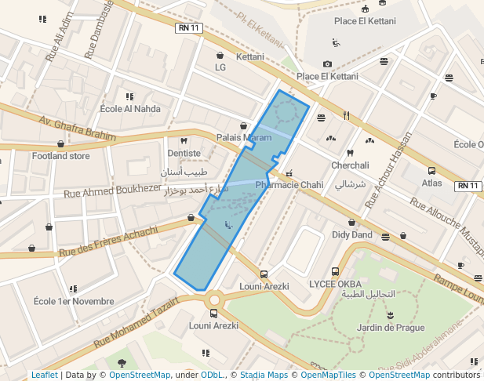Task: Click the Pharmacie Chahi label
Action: pyautogui.click(x=289, y=185)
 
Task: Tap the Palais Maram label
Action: pyautogui.click(x=244, y=138)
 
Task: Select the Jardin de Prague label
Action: pyautogui.click(x=390, y=328)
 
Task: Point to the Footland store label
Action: pyautogui.click(x=60, y=156)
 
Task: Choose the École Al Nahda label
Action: pyautogui.click(x=130, y=109)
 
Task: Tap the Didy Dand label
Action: pyautogui.click(x=351, y=234)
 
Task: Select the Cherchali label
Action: pyautogui.click(x=350, y=165)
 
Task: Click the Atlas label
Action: pyautogui.click(x=431, y=183)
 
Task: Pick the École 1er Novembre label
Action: pyautogui.click(x=74, y=301)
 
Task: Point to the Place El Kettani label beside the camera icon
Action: pyautogui.click(x=327, y=77)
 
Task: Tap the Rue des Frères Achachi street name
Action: pyautogui.click(x=108, y=241)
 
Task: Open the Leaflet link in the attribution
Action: pyautogui.click(x=44, y=375)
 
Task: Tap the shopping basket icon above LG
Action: pyautogui.click(x=220, y=56)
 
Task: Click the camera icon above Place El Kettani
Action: pyautogui.click(x=327, y=64)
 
